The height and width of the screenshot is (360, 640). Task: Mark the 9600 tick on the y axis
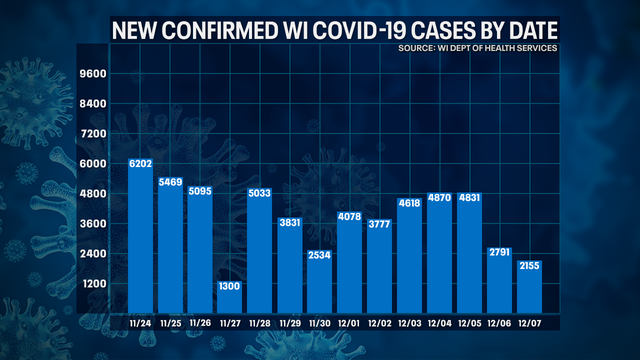pos(92,74)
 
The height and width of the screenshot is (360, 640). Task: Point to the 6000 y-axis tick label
pos(92,164)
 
